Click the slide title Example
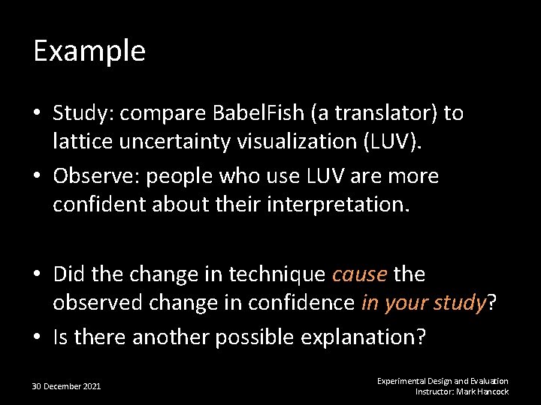point(89,51)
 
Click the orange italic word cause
point(359,274)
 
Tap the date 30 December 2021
point(66,386)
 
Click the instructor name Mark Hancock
point(482,391)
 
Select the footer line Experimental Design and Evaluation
point(443,381)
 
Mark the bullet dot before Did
point(38,274)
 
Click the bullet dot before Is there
point(38,338)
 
